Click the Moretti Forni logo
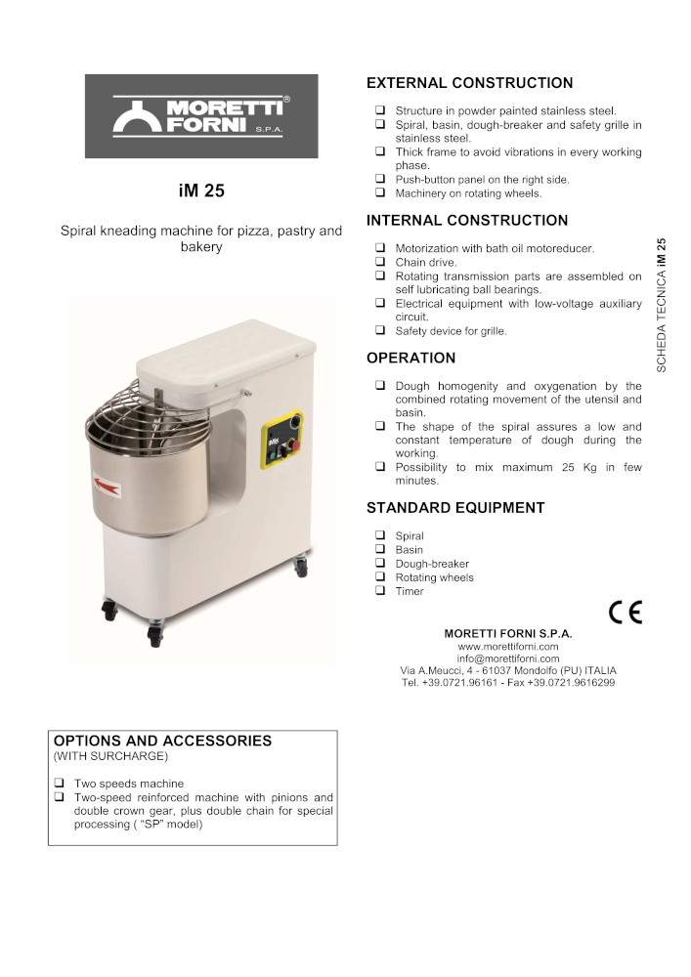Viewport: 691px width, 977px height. point(201,116)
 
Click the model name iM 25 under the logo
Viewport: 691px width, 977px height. point(201,191)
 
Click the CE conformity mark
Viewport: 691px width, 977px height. point(625,613)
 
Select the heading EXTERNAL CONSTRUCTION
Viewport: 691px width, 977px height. point(469,83)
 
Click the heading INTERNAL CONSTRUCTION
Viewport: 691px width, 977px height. point(466,221)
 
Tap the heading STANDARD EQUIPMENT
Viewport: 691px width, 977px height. point(455,508)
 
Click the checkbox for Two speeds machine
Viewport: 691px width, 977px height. point(60,784)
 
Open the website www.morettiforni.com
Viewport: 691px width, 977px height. point(508,646)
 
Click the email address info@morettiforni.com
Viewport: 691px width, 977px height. point(508,658)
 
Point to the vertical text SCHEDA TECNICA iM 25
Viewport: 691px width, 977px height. point(662,305)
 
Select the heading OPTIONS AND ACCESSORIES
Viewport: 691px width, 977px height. point(162,741)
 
